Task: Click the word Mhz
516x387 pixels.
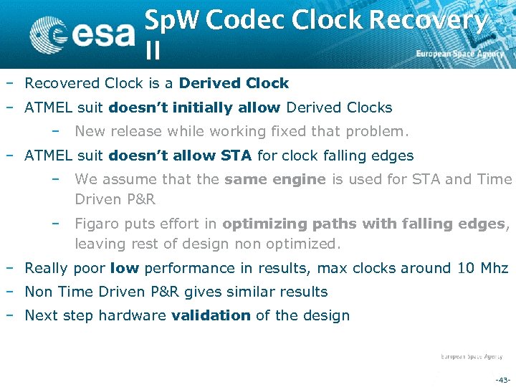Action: click(493, 269)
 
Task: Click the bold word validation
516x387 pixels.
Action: click(211, 315)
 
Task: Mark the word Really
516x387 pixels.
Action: click(47, 269)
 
